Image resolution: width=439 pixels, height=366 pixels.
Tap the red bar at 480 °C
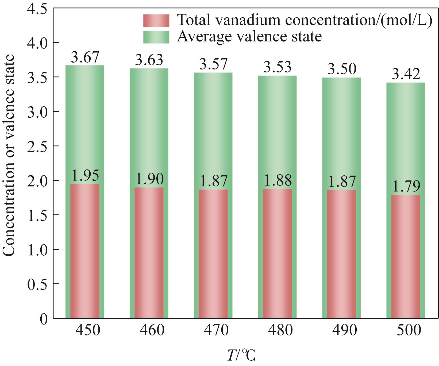coord(277,253)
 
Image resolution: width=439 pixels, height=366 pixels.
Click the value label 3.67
coord(85,57)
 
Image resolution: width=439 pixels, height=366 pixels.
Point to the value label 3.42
coord(406,75)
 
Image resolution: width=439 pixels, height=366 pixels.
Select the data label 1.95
coord(85,176)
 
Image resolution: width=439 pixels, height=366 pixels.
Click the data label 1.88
coord(278,181)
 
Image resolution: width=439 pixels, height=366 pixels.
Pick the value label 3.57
coord(213,65)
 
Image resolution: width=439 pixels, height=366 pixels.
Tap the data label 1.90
coord(149,179)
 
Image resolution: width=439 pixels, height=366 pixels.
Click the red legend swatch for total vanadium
coord(156,21)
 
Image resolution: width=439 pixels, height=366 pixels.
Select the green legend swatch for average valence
coord(156,37)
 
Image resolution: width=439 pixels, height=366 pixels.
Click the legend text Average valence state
coord(249,36)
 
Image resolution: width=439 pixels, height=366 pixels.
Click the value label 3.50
coord(342,70)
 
